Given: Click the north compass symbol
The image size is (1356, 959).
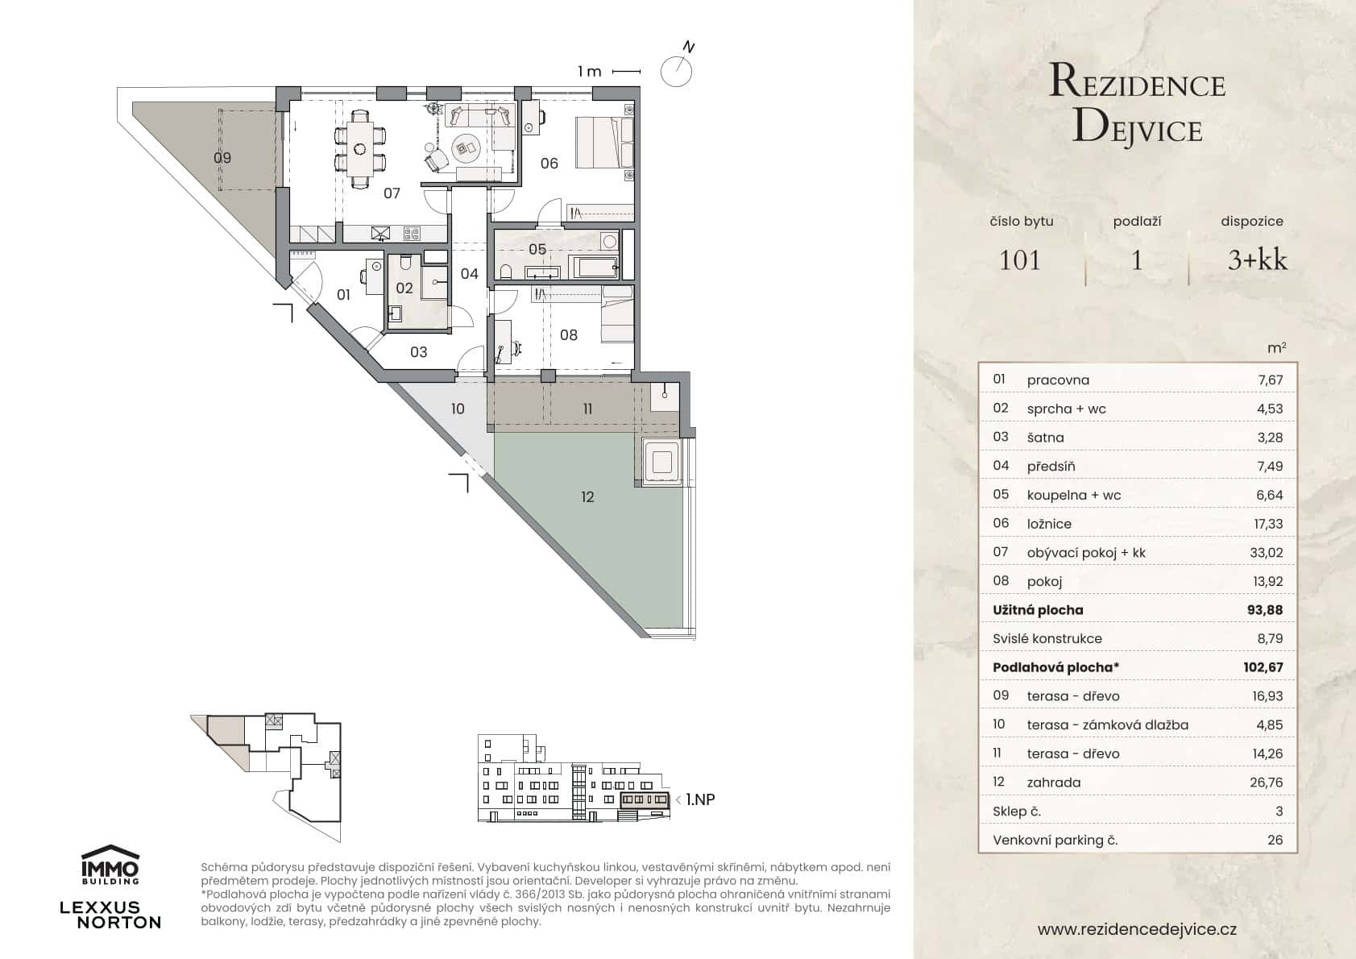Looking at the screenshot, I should tap(676, 71).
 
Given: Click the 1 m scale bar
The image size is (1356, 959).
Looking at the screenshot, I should tap(626, 72).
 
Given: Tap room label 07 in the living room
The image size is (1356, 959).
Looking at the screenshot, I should tap(392, 193).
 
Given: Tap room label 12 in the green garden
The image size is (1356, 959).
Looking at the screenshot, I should tap(587, 497).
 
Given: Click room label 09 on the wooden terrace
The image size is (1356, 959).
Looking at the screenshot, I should tap(222, 158).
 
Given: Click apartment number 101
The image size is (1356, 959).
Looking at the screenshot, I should tap(1020, 260).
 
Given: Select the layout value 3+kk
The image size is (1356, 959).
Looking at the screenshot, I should tap(1257, 260).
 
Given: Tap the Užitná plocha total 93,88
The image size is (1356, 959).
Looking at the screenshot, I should tap(1264, 610).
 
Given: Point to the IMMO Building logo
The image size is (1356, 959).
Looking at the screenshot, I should tap(111, 864).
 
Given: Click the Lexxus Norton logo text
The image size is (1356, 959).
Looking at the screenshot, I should tap(111, 915).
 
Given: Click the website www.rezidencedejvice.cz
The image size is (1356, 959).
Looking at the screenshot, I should tap(1137, 929).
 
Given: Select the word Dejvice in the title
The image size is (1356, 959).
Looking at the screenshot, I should tap(1138, 129).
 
